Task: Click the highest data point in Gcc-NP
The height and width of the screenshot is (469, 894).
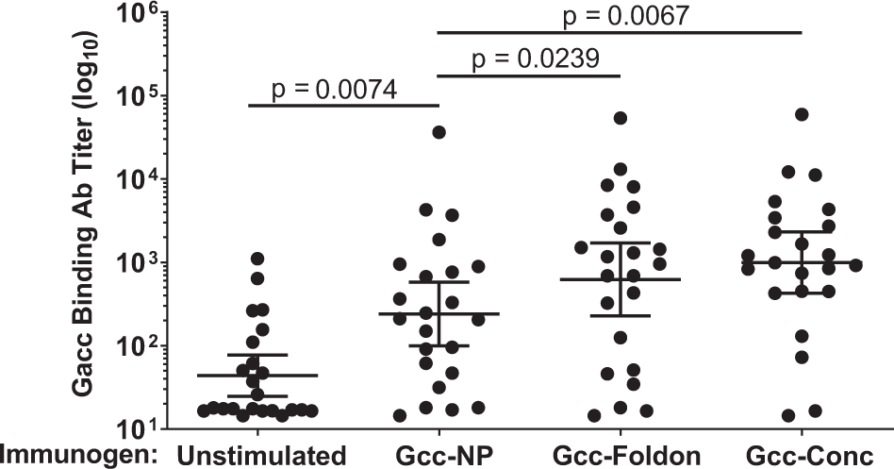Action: point(439,132)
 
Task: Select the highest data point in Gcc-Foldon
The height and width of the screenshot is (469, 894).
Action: point(620,118)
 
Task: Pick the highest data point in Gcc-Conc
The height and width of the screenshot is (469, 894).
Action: point(802,114)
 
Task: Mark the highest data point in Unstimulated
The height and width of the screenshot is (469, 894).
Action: point(257,258)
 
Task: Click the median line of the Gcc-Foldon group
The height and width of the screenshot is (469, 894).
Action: point(620,279)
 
